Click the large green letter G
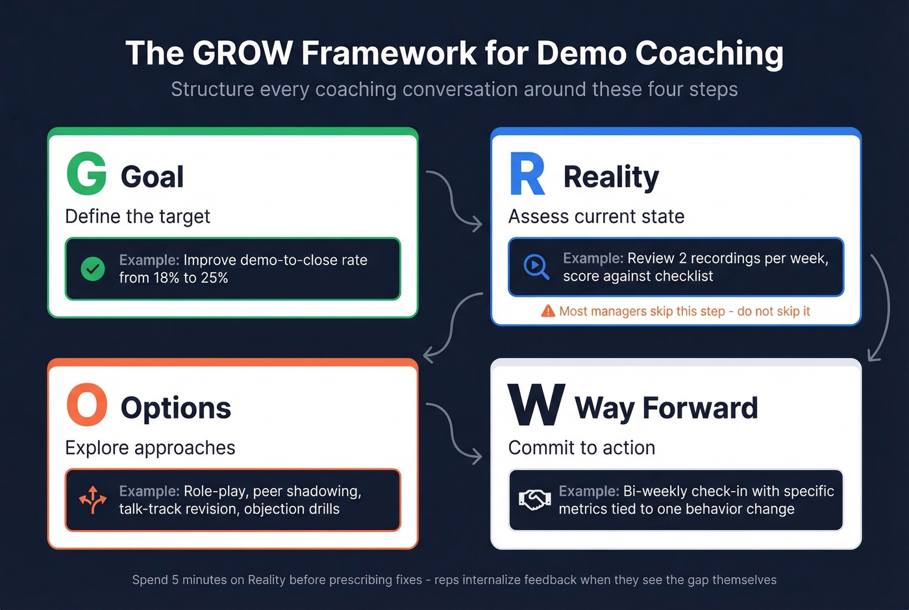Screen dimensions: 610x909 [86, 173]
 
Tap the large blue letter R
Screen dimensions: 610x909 [527, 174]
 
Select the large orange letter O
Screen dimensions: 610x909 [86, 405]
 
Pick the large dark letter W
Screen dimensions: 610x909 [536, 405]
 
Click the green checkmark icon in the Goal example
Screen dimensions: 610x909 [93, 268]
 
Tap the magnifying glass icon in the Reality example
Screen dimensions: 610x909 [536, 266]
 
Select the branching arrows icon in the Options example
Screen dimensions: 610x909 [93, 500]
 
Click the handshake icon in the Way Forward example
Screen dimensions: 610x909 [534, 500]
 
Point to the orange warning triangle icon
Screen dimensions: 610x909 [548, 311]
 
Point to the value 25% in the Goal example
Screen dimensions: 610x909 [214, 278]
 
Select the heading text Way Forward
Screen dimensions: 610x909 [666, 408]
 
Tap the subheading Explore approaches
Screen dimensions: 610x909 [150, 448]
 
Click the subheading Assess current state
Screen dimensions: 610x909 [596, 216]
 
